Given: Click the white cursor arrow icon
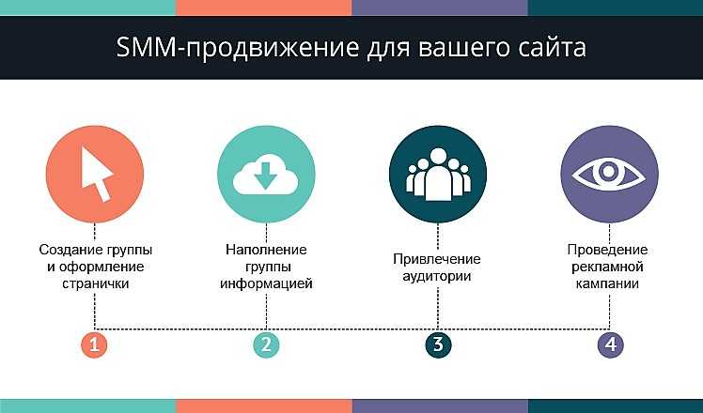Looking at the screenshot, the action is (96, 174).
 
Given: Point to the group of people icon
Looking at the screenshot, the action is (438, 175).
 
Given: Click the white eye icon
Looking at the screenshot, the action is (609, 174).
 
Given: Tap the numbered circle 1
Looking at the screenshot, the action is (95, 344).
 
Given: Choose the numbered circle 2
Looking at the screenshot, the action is (266, 344).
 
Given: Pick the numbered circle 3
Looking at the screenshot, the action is (438, 344).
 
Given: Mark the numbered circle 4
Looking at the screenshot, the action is (610, 344).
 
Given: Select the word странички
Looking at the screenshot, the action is (96, 284).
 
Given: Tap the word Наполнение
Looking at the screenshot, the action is (266, 250).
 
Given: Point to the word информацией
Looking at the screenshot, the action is (266, 284).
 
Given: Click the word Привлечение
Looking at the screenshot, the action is (437, 259).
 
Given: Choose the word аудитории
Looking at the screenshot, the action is (437, 276).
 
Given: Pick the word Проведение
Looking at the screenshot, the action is (607, 250).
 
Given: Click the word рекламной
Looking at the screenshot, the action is (607, 267).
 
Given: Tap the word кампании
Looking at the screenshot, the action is (607, 284).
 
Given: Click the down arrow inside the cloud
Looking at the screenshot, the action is (265, 176).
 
